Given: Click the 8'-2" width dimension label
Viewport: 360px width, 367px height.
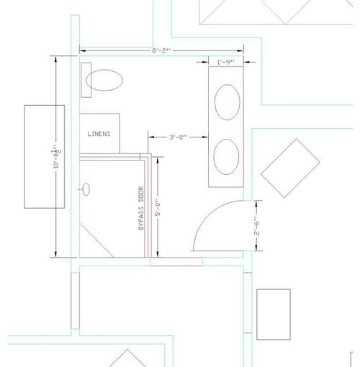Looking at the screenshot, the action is click(x=161, y=51).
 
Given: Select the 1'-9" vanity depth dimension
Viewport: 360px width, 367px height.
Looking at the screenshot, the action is click(x=226, y=63).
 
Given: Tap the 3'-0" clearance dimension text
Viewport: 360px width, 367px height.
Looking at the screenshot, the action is click(x=178, y=137).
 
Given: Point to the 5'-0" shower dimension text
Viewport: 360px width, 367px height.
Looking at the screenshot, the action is click(x=158, y=207).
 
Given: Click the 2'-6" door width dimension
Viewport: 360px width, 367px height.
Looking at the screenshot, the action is click(x=256, y=226).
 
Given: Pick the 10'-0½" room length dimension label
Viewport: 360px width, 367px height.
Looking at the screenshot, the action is click(x=57, y=156).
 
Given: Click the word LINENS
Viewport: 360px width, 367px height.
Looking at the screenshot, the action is click(x=99, y=134).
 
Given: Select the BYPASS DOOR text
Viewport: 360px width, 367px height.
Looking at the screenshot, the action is click(x=141, y=208).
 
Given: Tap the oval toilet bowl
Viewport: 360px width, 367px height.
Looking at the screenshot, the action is click(x=104, y=80).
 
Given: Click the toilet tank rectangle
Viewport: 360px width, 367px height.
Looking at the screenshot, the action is click(x=86, y=80).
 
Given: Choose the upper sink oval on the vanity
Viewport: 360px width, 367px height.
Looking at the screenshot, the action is click(x=228, y=102).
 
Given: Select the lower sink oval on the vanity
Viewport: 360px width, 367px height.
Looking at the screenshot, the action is click(x=226, y=157).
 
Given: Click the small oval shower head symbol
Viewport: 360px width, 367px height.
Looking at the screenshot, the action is click(x=86, y=189).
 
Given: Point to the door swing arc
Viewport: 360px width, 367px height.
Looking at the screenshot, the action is click(x=208, y=212).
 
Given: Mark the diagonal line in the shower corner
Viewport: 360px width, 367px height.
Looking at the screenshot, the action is click(x=96, y=240).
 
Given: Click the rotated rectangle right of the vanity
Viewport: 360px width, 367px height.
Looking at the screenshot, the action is click(x=290, y=168).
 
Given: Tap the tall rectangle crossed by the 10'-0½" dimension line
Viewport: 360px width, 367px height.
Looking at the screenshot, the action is click(x=45, y=157).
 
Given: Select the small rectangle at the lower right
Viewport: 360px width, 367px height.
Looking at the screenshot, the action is click(x=274, y=314).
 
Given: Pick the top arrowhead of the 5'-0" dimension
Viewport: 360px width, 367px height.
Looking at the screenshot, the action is click(x=158, y=160).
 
